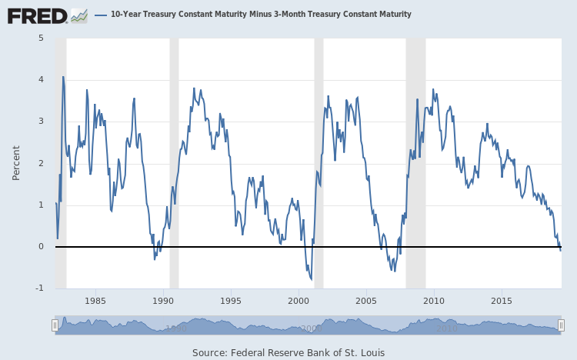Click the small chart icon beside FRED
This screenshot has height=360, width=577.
pos(79,15)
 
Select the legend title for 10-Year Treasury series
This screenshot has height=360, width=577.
pos(261,15)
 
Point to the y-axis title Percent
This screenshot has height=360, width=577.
pos(16,162)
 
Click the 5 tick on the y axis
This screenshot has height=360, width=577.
pos(41,38)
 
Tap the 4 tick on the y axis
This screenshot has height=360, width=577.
pos(41,80)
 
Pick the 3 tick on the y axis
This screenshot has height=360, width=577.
pos(41,122)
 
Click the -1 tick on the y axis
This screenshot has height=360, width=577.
pos(39,288)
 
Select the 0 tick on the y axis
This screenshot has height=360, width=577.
pos(41,247)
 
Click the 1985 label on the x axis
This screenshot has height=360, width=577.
pos(95,301)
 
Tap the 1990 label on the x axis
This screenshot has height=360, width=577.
pos(163,301)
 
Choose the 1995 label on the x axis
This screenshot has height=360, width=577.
pos(231,301)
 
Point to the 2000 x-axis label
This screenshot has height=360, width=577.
pos(299,301)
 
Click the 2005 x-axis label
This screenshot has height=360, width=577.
pos(366,301)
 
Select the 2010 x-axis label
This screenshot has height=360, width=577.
pos(434,301)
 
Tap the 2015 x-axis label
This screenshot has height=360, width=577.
pos(502,301)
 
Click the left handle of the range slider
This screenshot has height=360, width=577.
pos(55,325)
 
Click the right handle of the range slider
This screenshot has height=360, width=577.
pos(561,325)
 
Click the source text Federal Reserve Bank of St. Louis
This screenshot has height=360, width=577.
pos(288,352)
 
